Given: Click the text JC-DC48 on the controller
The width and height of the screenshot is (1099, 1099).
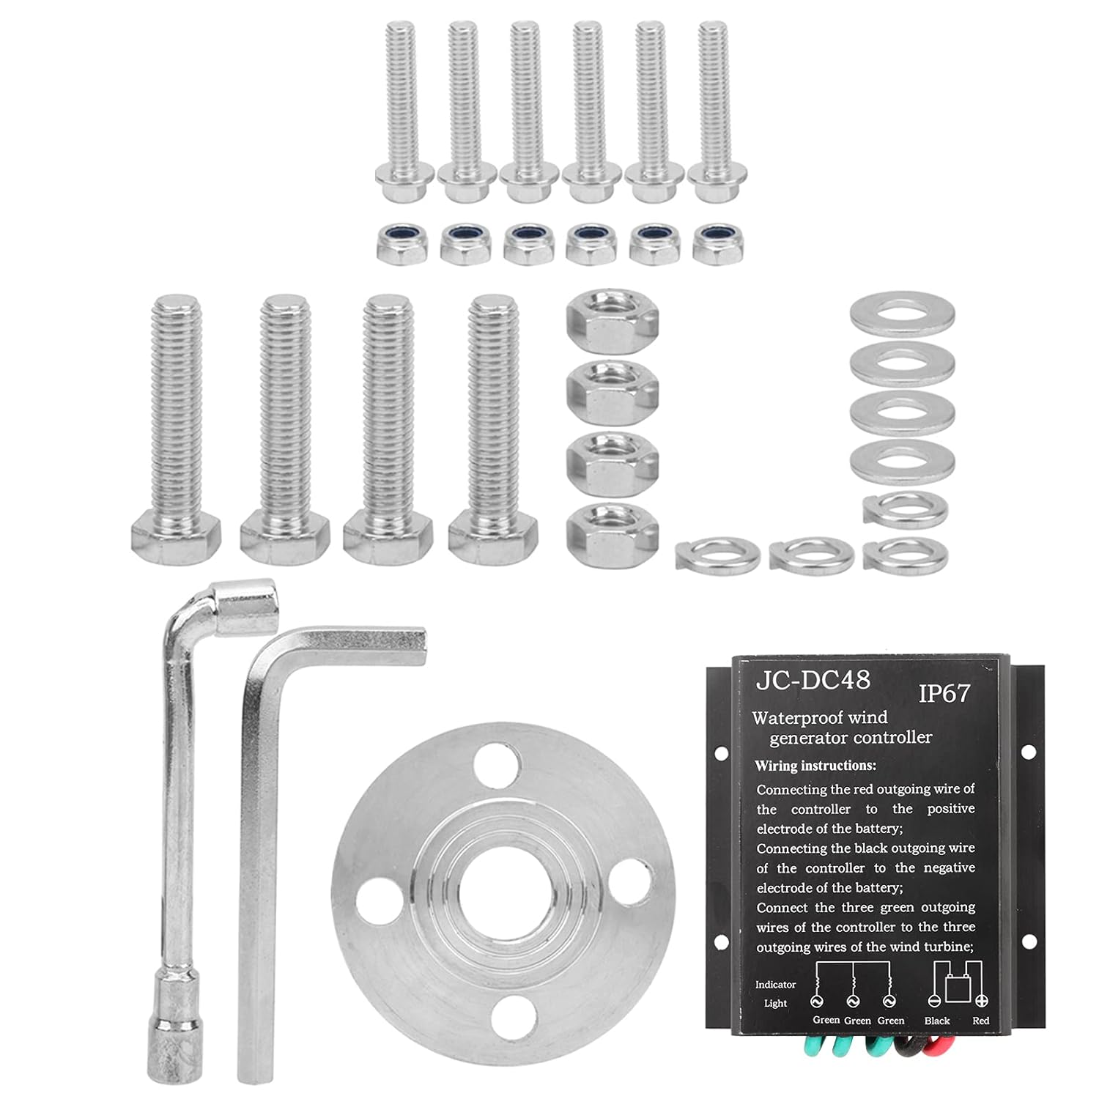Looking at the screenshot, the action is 813,680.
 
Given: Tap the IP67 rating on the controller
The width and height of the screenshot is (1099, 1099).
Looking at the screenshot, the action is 944,693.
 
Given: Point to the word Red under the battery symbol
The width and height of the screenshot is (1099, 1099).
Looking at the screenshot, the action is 980,1021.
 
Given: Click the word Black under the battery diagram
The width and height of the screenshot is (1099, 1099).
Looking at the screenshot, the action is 936,1021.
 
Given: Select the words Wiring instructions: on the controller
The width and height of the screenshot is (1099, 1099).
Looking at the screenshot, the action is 815,766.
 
